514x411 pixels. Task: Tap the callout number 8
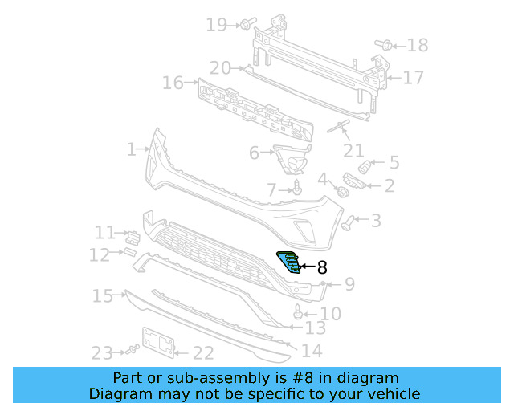coord(322,268)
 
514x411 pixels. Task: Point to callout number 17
coord(413,78)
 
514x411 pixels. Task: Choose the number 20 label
coord(220,68)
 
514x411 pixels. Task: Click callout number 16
coord(173,83)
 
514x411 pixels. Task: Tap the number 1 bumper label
coord(132,149)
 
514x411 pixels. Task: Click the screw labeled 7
coord(297,188)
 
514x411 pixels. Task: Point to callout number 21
coord(353,150)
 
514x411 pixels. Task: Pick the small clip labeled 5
coord(365,165)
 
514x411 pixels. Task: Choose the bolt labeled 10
coord(300,311)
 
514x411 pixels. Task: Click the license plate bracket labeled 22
coord(158,341)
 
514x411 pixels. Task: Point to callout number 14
coord(312,351)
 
